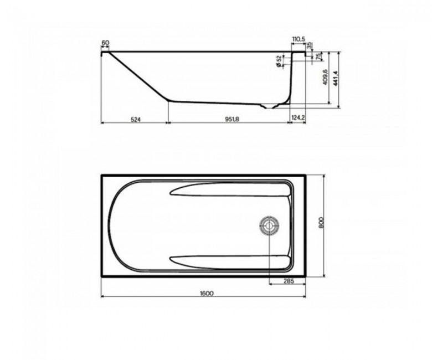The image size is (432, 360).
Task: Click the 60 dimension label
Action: click(105, 43)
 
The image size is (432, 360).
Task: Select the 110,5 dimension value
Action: click(299, 39)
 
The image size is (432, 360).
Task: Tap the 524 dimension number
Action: click(136, 119)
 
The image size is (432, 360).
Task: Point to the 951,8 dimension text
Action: click(232, 119)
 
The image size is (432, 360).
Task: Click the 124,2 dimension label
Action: click(299, 118)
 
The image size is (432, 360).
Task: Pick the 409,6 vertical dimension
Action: click(325, 77)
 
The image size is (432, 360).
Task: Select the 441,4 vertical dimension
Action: click(335, 79)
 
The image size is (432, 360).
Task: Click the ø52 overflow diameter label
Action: click(279, 61)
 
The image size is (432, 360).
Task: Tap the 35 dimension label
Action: click(309, 45)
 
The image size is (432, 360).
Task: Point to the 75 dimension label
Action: click(318, 56)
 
